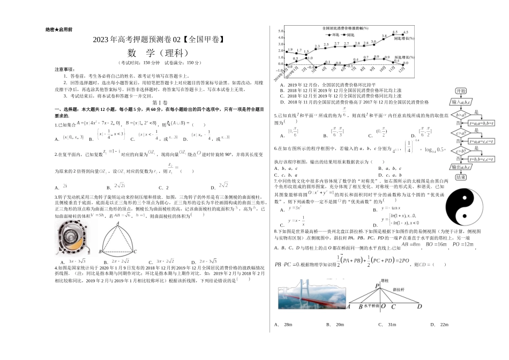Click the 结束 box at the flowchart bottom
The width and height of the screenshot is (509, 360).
[460, 177]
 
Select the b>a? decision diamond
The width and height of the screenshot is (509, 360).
[460, 114]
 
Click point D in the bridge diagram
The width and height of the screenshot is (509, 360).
[420, 307]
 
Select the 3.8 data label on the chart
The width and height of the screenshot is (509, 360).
[384, 36]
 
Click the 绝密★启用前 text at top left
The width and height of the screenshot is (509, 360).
[59, 29]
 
